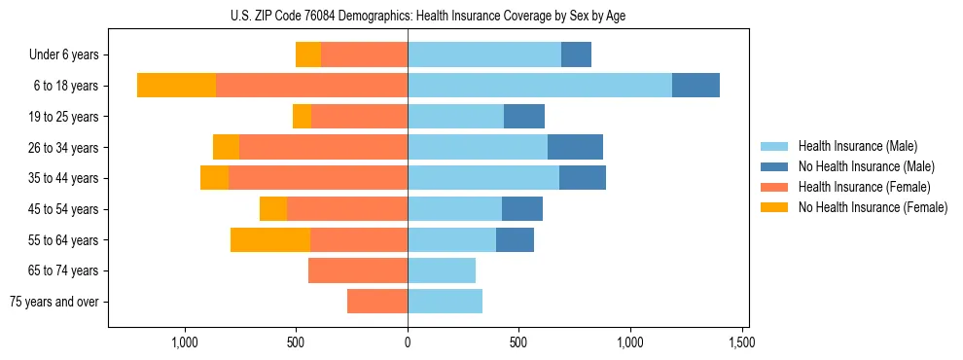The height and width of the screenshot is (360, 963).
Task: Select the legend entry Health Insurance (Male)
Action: tap(857, 146)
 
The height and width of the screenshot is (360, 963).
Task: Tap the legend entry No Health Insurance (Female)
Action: tap(873, 207)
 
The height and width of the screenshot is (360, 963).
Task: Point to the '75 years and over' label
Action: tap(54, 302)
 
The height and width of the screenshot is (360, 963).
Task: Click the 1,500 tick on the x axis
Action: tap(742, 342)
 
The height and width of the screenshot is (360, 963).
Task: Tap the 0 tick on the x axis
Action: tap(408, 342)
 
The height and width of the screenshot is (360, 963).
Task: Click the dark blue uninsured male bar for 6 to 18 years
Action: tap(695, 86)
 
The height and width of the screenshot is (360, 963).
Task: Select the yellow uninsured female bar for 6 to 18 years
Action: tap(176, 86)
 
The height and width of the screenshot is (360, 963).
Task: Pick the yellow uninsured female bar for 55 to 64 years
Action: tap(270, 240)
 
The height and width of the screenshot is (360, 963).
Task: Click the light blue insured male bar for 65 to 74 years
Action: tap(442, 270)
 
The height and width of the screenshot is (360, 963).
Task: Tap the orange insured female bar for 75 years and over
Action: tap(377, 302)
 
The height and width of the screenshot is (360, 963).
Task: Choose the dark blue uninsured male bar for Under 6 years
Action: tap(576, 55)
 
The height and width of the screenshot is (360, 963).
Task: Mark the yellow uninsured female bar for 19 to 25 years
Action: tap(302, 117)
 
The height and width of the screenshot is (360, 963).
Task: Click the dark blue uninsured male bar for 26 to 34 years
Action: tap(575, 148)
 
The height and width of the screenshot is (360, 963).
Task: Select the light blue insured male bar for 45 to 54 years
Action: tap(454, 209)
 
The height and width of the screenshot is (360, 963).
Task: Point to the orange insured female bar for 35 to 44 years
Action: tap(318, 178)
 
